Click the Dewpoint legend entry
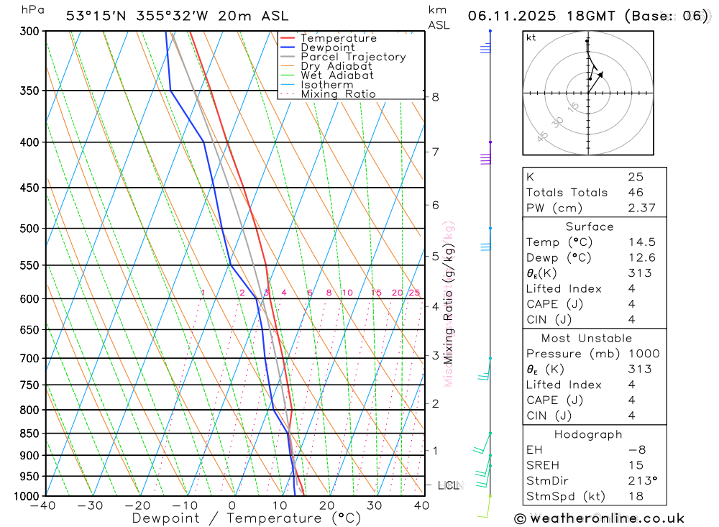pos(327,47)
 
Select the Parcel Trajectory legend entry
pos(353,57)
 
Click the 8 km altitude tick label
pos(435,97)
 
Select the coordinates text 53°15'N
pos(96,16)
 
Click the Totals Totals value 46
pos(636,193)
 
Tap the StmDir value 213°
pos(639,481)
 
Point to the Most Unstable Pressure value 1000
pos(641,354)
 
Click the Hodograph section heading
pos(588,434)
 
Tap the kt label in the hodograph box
pos(531,37)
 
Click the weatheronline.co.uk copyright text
pos(600,518)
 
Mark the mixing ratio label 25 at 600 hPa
pos(414,293)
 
